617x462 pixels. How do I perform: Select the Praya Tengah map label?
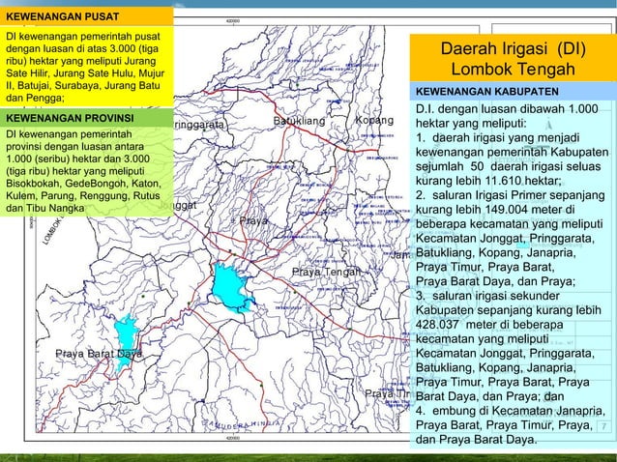point(325,272)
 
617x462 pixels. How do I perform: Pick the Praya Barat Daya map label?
point(99,353)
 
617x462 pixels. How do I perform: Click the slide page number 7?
point(604,425)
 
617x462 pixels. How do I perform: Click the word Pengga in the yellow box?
point(42,98)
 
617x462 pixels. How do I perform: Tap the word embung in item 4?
point(457,411)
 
